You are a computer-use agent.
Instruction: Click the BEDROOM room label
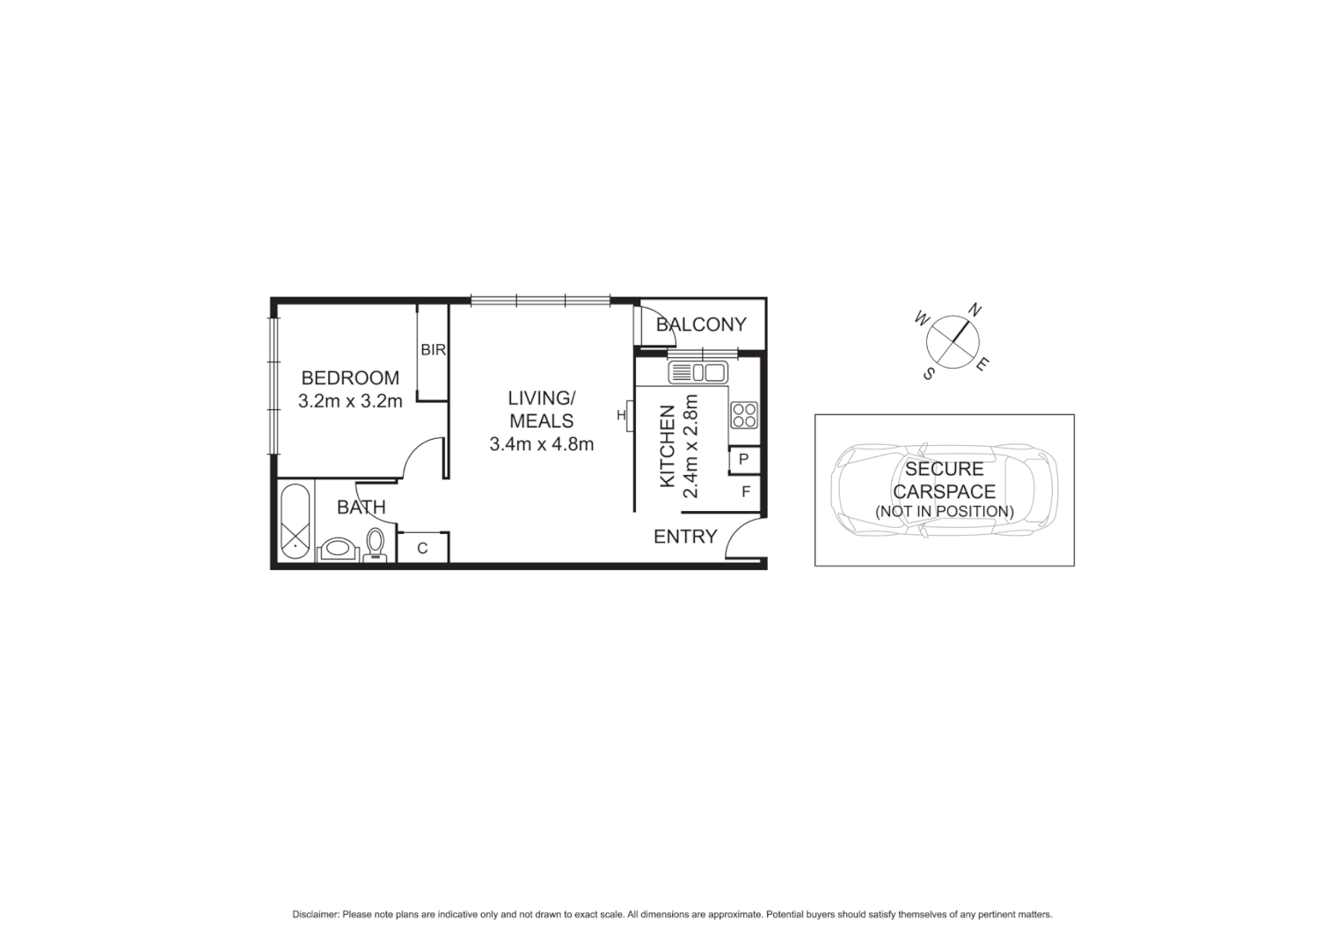tap(350, 378)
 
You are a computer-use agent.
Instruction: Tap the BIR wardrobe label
tap(433, 350)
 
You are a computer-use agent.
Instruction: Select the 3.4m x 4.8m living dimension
tap(541, 444)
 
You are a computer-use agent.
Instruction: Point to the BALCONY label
tap(701, 325)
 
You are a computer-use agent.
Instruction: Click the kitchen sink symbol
tap(697, 373)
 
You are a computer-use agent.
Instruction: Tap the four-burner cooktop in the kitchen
tap(744, 414)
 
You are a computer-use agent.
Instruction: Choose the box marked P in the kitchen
tap(743, 459)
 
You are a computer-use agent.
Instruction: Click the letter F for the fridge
tap(746, 492)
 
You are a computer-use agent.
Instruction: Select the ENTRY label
tap(685, 537)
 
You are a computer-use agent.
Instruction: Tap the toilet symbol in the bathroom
tap(376, 544)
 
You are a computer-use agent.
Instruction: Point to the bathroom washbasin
tap(337, 550)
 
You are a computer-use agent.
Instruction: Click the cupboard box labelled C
tap(422, 548)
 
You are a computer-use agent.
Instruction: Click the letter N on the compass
tap(975, 309)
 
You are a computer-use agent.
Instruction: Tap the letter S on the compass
tap(928, 373)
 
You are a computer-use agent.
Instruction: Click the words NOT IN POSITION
tap(944, 511)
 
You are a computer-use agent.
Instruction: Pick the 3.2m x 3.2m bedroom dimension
tap(350, 402)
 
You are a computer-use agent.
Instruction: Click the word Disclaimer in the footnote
tap(315, 915)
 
